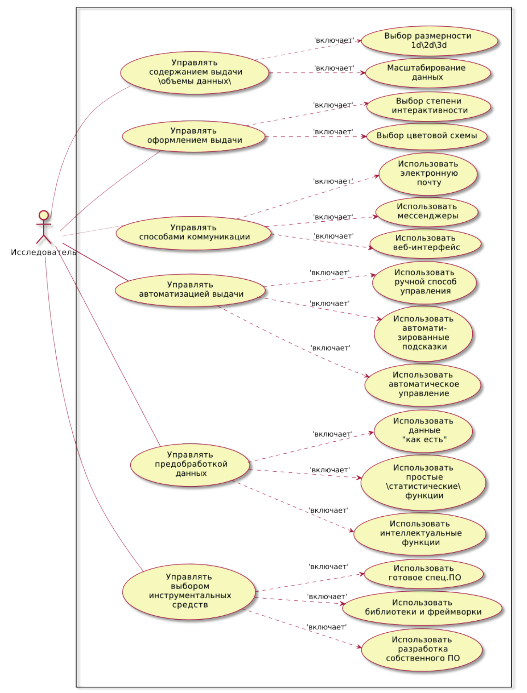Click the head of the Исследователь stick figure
coord(44,215)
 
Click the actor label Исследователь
coord(43,252)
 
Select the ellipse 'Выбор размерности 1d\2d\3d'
coord(429,41)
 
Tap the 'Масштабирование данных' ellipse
coord(427,73)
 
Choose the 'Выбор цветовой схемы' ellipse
coord(426,136)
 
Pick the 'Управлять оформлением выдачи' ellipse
coord(194,136)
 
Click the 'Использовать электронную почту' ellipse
coord(428,174)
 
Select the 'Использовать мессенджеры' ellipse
coord(427,211)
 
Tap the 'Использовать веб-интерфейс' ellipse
coord(426,243)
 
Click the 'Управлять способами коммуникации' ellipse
coord(194,233)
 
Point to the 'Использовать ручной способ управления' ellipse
coord(424,282)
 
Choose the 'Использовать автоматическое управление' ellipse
coord(423,384)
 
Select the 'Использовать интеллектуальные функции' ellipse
coord(420,533)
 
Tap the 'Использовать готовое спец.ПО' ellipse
coord(424,573)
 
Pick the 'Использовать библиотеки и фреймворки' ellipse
coord(422,608)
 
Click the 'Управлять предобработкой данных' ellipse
coord(190,464)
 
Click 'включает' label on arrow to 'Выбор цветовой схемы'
coord(333,132)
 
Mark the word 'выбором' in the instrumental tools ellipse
coord(189,586)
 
